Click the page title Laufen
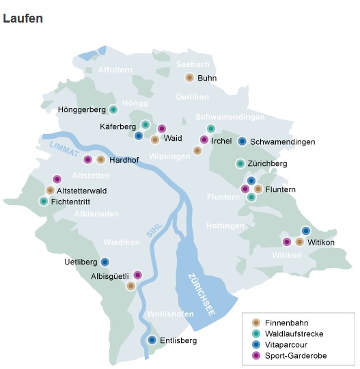[23, 18]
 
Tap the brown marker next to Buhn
[190, 78]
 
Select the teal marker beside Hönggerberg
[113, 109]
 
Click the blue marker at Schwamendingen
[242, 141]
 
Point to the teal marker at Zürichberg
[240, 163]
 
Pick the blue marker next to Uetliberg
[105, 262]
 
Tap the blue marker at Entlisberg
[152, 340]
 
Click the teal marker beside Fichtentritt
[44, 202]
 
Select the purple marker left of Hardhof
[87, 160]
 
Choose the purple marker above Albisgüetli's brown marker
[137, 275]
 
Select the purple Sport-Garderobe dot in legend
[256, 355]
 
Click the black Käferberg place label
[117, 126]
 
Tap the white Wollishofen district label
[169, 314]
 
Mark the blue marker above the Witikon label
[306, 231]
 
